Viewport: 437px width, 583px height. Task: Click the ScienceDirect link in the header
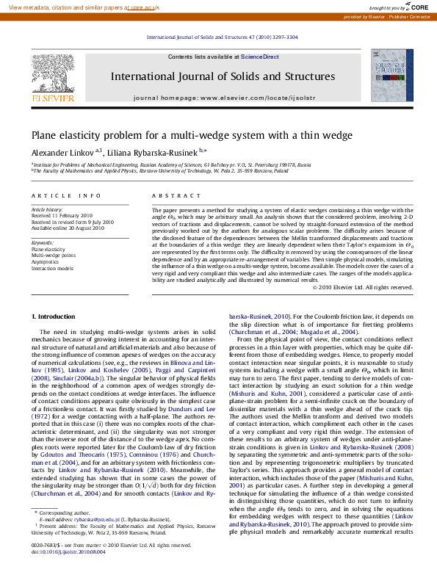click(260, 57)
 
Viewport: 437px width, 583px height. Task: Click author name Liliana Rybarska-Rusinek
click(151, 152)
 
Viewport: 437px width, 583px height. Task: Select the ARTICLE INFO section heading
click(66, 196)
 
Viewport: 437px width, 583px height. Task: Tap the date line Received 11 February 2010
click(62, 216)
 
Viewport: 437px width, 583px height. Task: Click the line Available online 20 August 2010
click(67, 228)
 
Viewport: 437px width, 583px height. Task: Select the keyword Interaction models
click(53, 267)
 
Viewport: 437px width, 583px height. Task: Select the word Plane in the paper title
click(44, 135)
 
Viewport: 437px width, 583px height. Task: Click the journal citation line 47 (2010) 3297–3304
click(223, 37)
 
